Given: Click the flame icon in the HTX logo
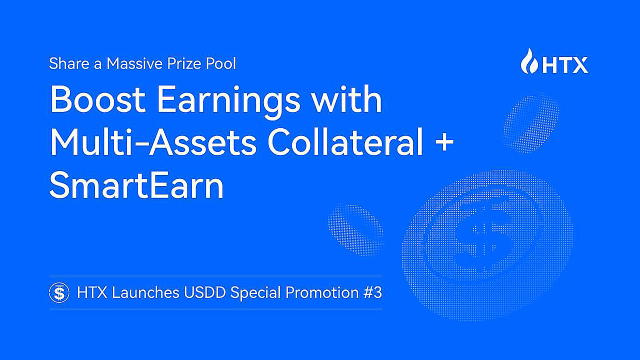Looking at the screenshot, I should [x=528, y=61].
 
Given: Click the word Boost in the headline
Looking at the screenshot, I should [x=96, y=99].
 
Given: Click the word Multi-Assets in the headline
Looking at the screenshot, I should [x=152, y=142].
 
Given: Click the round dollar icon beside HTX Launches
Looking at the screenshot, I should [x=59, y=292].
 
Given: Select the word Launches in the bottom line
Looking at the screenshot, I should [x=145, y=292].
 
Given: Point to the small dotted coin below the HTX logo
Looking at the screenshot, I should [x=531, y=119].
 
